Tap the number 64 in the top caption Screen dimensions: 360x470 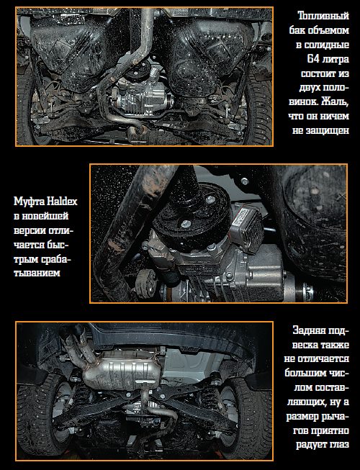pos(313,59)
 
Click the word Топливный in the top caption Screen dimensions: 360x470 pos(324,16)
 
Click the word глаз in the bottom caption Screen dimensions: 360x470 pos(339,444)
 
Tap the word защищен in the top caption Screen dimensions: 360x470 pos(328,130)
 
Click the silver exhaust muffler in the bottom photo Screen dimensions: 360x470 pos(122,370)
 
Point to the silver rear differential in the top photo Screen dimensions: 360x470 pos(141,96)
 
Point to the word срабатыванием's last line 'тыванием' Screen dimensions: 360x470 pos(37,274)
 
